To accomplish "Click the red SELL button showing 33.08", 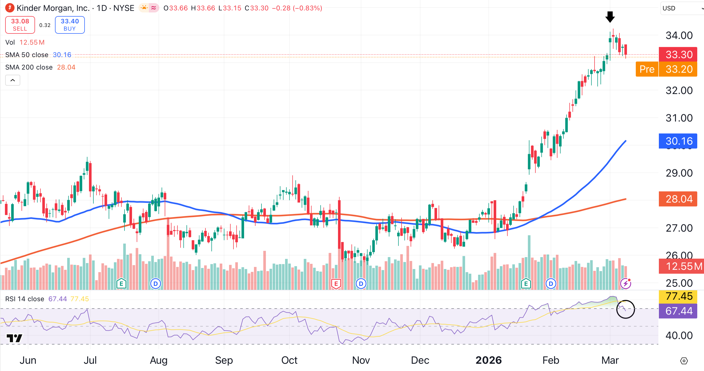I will click(20, 25).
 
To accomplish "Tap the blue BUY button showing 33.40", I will click(70, 25).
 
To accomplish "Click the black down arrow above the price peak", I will click(610, 17).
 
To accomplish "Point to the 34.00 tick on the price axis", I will click(679, 36).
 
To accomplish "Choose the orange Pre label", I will click(647, 69).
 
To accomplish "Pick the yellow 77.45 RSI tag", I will click(679, 296).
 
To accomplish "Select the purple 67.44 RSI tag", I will click(679, 311).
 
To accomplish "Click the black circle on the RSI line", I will click(625, 310).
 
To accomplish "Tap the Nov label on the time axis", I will click(361, 360).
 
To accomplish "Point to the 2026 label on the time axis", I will click(488, 360).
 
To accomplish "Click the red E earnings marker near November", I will click(336, 284).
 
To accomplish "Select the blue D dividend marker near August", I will click(155, 284).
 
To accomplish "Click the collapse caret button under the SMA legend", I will click(12, 80).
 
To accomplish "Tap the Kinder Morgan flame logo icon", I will click(10, 8).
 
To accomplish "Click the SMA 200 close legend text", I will click(29, 67).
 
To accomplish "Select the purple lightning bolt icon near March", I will click(625, 284).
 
